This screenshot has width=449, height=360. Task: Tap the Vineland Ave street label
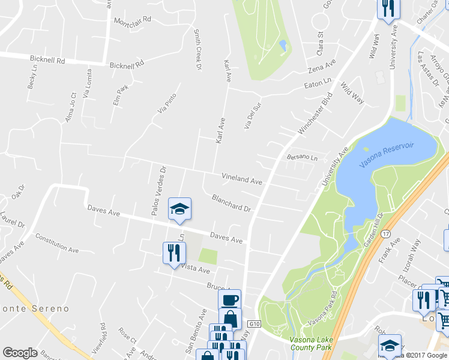242,179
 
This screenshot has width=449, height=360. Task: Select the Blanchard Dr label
231,203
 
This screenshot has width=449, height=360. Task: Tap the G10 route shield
255,324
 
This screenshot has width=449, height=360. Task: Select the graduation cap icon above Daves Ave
179,208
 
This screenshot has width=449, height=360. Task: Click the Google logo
20,353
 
